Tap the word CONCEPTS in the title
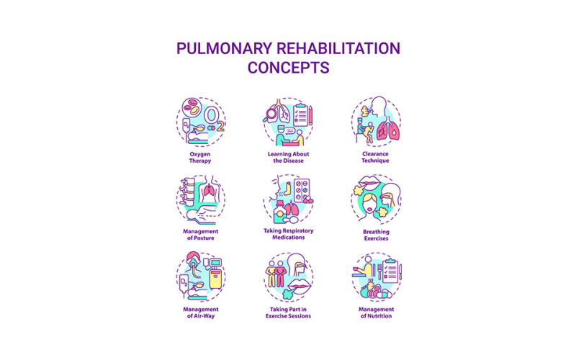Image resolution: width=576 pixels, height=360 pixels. click(x=288, y=68)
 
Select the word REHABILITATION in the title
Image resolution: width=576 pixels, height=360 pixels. click(x=338, y=50)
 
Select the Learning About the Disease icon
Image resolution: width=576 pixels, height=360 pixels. click(x=288, y=120)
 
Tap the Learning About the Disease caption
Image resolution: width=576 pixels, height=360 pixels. click(x=288, y=157)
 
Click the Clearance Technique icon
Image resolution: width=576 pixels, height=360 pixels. click(x=376, y=120)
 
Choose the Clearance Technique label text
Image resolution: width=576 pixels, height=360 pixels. click(x=376, y=157)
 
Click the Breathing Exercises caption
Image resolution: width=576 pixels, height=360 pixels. click(x=376, y=235)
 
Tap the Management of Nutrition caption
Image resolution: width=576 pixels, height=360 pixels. click(x=376, y=312)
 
